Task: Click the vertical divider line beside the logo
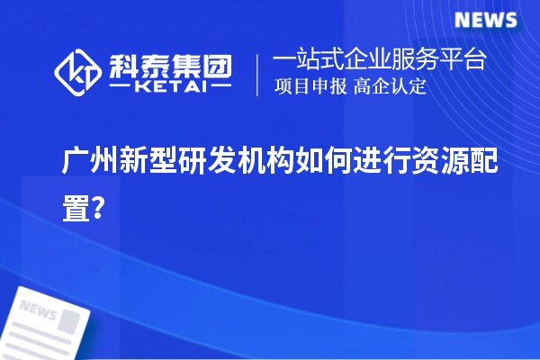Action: pos(258,74)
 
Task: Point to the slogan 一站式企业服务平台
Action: pos(380,61)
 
